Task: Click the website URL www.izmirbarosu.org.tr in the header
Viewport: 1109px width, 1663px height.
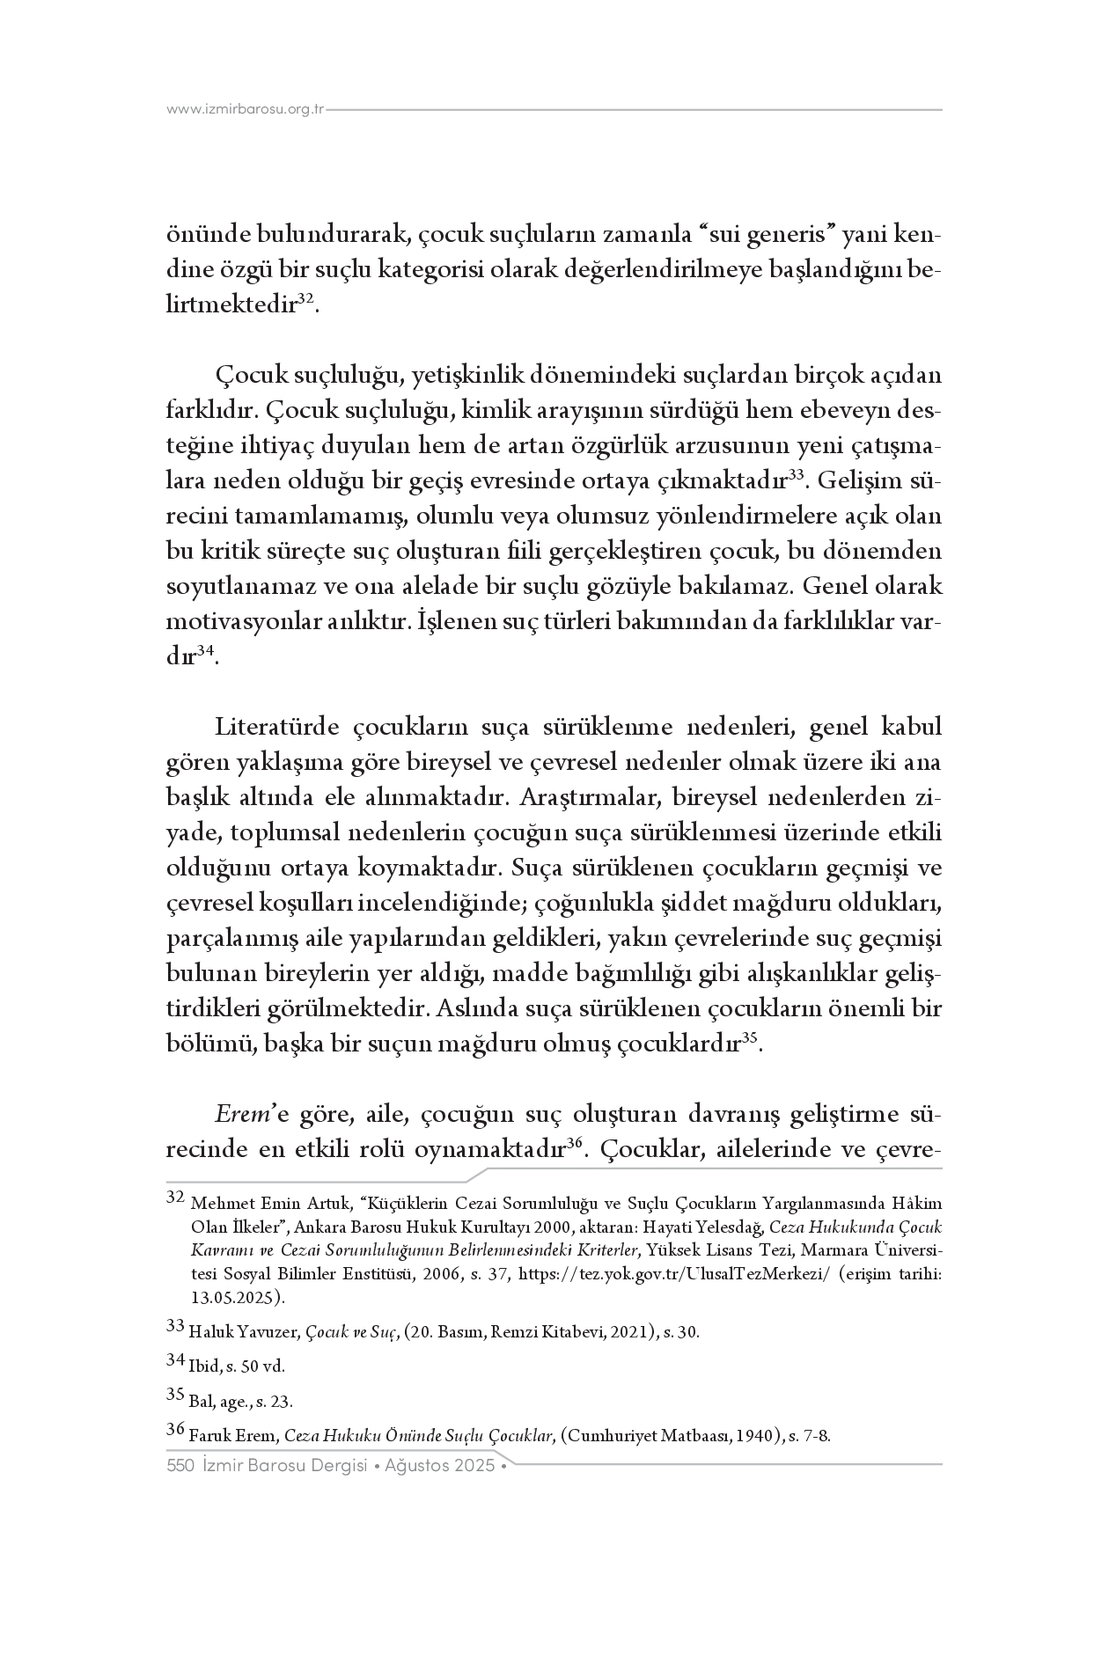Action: (x=246, y=110)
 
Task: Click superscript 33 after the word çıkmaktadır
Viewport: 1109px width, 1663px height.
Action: (x=796, y=475)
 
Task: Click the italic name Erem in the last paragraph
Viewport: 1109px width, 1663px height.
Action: (x=238, y=1115)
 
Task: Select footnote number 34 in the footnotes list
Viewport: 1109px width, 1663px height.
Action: (x=175, y=1359)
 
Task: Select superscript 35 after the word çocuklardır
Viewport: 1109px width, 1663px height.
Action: (x=750, y=1038)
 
